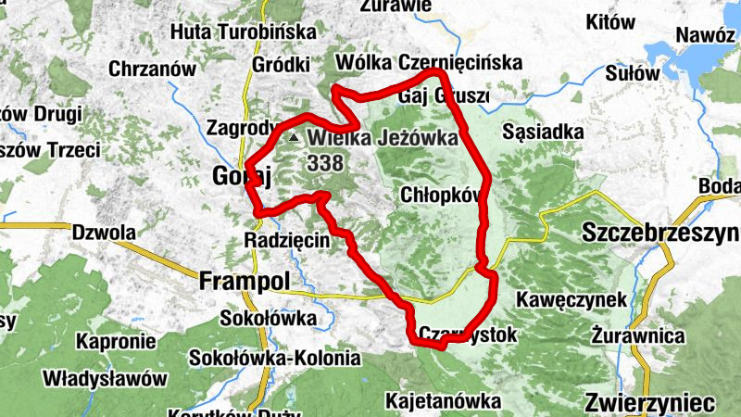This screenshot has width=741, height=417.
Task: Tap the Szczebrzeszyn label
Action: tap(660, 232)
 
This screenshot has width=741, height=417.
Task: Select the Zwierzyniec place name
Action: tap(650, 403)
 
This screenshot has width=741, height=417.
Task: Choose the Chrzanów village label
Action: tap(152, 69)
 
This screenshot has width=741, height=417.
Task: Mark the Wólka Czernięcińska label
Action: tap(431, 62)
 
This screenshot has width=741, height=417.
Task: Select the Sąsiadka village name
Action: tap(543, 133)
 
